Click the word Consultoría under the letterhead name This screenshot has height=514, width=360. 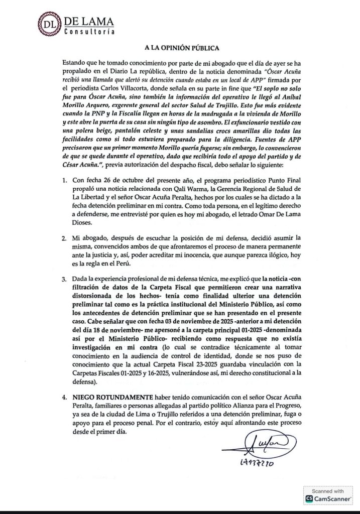[x=88, y=32]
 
